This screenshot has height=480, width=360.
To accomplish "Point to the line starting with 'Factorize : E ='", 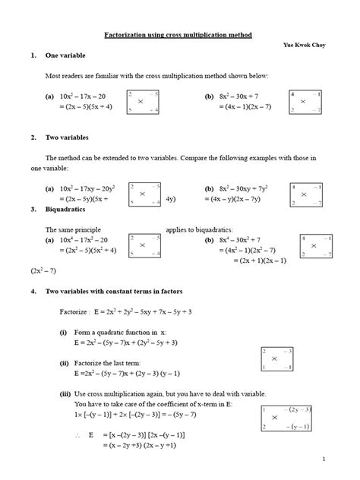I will point(136,311).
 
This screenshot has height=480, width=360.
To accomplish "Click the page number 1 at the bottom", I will point(323,460).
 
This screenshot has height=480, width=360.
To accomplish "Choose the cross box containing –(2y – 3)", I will point(286,418).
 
